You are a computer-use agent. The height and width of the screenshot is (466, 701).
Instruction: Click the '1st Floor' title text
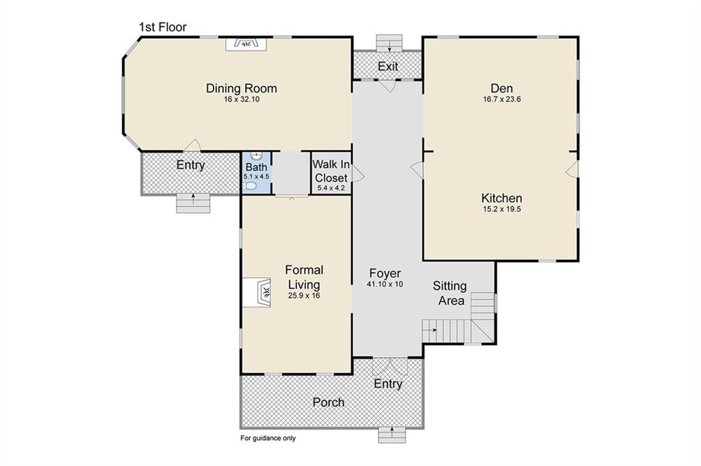163,27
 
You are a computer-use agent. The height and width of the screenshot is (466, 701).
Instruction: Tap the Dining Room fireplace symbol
246,44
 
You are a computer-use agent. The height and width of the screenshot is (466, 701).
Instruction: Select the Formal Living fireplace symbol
257,292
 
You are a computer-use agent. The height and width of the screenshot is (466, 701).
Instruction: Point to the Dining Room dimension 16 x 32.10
242,99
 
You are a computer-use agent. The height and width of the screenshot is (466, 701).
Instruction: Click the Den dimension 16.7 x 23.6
502,99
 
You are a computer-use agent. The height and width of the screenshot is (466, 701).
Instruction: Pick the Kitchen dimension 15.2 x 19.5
502,209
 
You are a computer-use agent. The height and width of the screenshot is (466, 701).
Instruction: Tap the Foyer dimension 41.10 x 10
385,284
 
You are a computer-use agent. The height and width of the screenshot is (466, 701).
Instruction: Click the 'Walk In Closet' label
331,171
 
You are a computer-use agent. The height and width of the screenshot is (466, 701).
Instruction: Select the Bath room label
256,168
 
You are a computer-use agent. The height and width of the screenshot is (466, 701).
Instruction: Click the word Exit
387,66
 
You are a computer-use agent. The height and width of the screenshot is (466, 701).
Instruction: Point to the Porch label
329,402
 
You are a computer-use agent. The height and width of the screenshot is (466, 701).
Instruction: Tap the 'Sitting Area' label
450,293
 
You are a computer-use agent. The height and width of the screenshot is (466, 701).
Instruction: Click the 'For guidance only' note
268,439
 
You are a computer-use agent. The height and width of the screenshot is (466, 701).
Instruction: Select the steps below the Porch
392,435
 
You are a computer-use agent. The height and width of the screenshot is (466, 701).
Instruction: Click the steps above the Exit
390,43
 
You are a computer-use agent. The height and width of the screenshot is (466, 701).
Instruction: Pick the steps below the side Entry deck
193,203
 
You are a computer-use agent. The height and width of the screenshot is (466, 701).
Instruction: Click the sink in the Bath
256,156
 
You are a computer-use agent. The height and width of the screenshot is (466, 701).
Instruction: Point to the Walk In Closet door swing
358,173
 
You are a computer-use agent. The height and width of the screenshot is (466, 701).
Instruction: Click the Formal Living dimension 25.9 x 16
304,296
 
